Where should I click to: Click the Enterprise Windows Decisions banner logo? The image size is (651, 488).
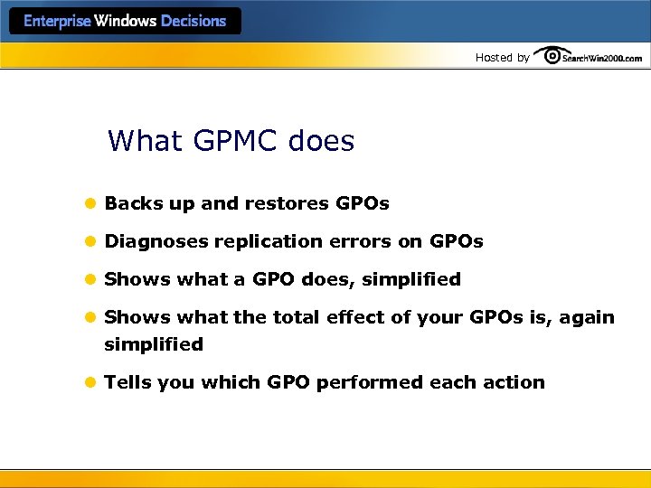(125, 21)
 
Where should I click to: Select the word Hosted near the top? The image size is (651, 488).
(494, 57)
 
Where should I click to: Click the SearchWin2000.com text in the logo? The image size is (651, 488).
(601, 58)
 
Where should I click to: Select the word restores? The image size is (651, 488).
(287, 203)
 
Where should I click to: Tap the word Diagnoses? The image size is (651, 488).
(156, 241)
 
